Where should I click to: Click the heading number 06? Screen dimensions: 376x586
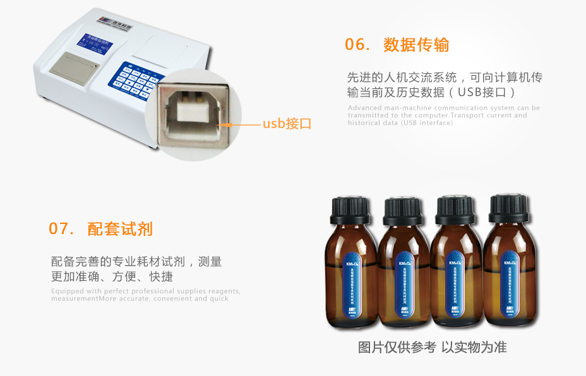pyautogui.click(x=357, y=45)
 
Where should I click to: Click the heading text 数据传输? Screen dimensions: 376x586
pyautogui.click(x=416, y=45)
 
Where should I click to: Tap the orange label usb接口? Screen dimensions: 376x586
pyautogui.click(x=287, y=124)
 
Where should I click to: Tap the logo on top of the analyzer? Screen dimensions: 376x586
pyautogui.click(x=119, y=21)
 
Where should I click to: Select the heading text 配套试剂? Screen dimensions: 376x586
pyautogui.click(x=120, y=228)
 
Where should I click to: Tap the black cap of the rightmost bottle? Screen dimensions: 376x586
pyautogui.click(x=508, y=209)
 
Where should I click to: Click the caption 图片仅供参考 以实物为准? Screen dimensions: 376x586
pyautogui.click(x=432, y=347)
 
